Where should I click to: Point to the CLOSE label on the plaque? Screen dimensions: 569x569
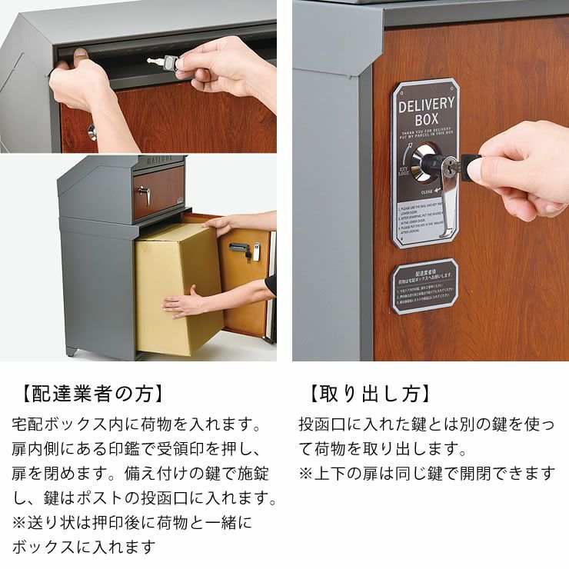(x=427, y=191)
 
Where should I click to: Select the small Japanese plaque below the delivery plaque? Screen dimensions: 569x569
(x=424, y=286)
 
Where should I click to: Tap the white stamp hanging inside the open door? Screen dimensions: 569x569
(x=256, y=251)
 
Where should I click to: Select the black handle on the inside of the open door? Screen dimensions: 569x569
(x=239, y=249)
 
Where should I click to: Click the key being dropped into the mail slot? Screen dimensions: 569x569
(x=162, y=62)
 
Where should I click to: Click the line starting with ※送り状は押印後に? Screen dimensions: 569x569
(x=131, y=522)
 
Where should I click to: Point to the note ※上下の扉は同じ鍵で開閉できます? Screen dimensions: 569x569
(x=426, y=473)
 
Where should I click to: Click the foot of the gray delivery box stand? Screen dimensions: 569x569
(x=72, y=352)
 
